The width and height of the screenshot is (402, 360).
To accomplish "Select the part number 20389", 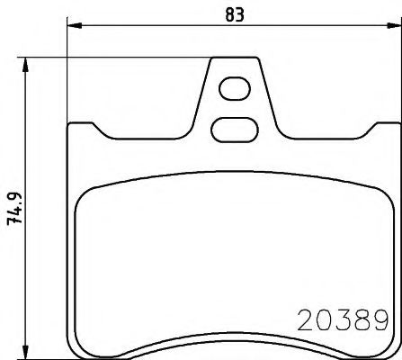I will pyautogui.click(x=342, y=319).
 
